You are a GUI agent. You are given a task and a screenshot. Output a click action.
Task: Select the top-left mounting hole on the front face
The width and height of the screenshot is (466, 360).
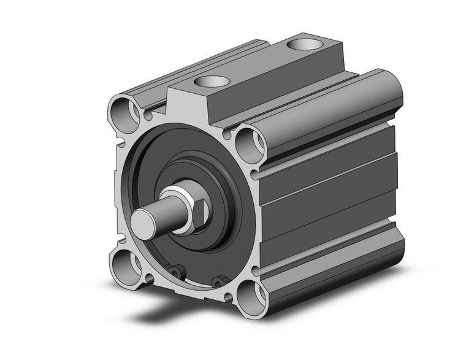(121, 111)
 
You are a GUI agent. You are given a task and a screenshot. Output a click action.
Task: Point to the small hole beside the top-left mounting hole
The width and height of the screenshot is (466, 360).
(148, 115)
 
